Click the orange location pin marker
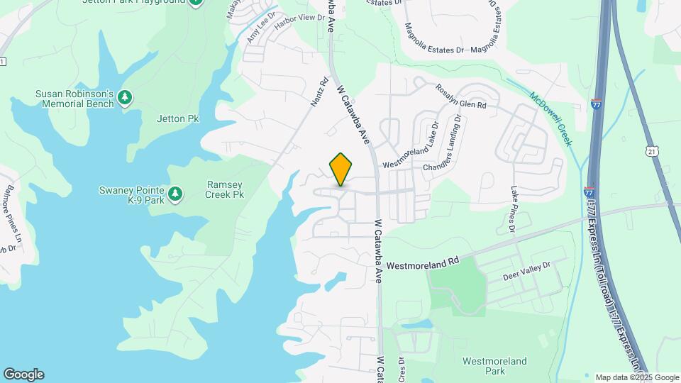(x=341, y=170)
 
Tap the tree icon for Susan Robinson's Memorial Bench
(x=126, y=97)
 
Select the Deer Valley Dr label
(x=526, y=270)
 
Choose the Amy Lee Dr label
(x=261, y=28)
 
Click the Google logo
(x=23, y=374)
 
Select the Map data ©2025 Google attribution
(x=636, y=377)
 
